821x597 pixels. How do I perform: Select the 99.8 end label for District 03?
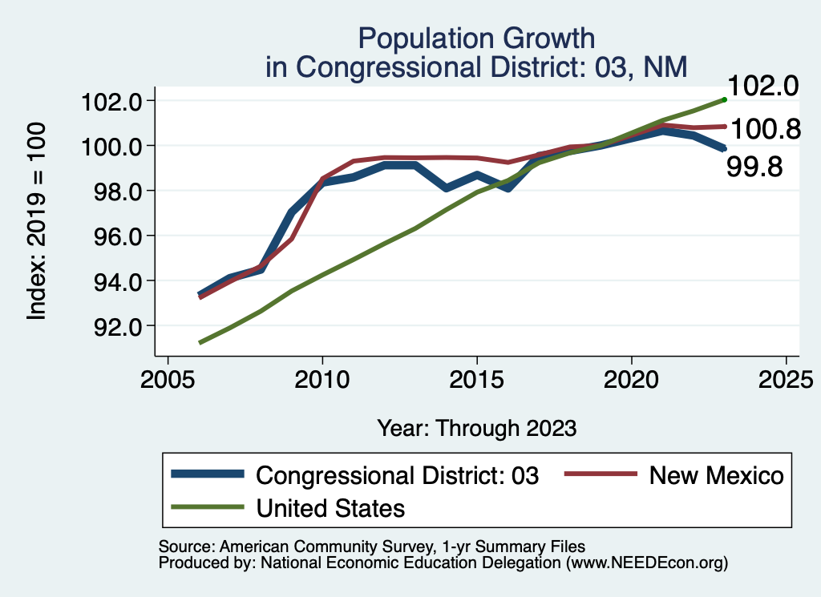point(754,167)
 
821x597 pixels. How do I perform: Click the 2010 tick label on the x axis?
point(322,377)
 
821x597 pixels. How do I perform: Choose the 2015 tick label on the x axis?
point(477,377)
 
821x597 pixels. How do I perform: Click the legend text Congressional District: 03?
point(398,475)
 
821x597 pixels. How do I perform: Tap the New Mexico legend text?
point(716,475)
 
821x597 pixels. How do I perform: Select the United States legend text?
point(330,507)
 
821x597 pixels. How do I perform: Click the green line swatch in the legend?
point(208,507)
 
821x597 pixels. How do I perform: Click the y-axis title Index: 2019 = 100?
point(37,222)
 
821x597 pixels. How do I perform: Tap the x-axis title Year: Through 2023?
point(476,428)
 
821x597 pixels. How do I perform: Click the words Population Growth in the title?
point(476,38)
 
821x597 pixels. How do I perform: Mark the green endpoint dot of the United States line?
point(724,99)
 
